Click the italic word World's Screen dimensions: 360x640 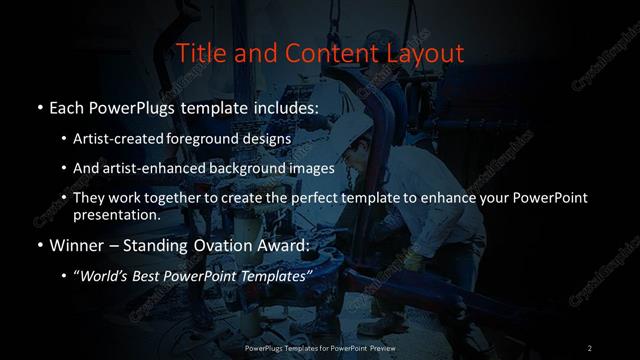click(104, 276)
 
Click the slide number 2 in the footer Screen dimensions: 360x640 click(590, 347)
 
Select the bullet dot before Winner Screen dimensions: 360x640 click(40, 245)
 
